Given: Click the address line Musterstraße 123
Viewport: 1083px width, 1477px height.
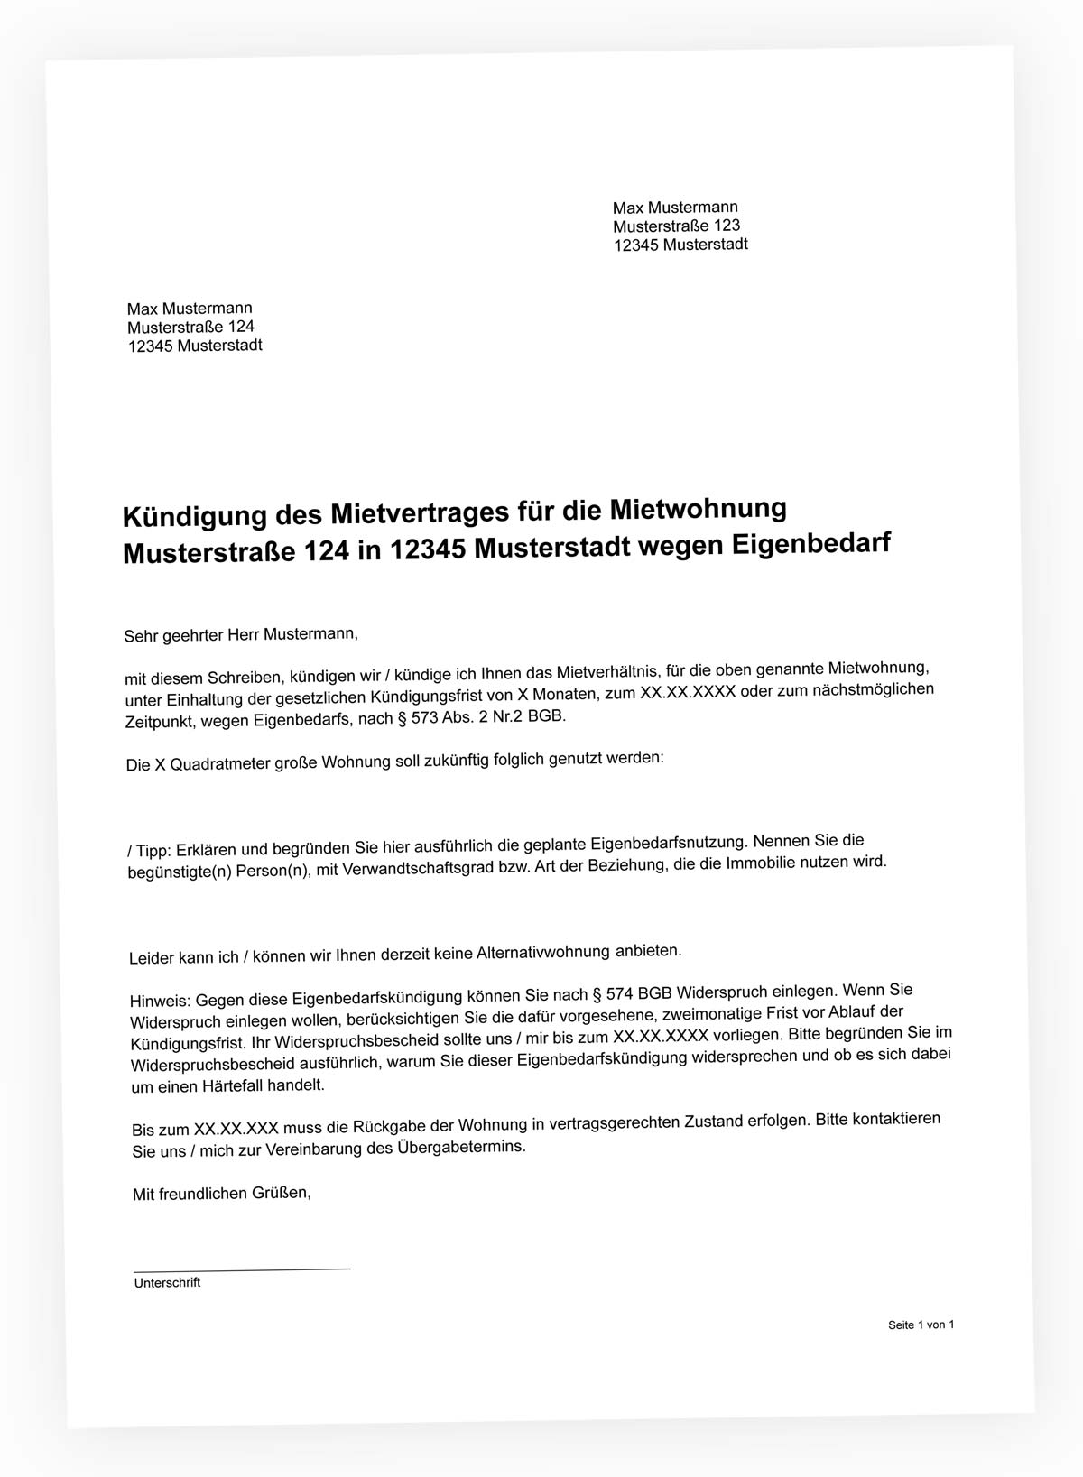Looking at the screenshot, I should click(676, 226).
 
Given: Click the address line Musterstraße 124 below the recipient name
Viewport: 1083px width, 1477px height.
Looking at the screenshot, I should click(190, 327).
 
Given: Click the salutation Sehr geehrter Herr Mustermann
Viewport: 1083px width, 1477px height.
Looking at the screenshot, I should click(241, 634).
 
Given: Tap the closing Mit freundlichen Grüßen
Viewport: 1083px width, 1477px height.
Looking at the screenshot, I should click(221, 1194).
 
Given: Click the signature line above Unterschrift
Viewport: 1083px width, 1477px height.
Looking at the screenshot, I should click(241, 1269).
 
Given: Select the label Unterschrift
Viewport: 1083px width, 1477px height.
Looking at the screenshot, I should click(167, 1283).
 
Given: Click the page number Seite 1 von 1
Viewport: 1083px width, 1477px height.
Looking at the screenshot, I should click(921, 1325).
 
